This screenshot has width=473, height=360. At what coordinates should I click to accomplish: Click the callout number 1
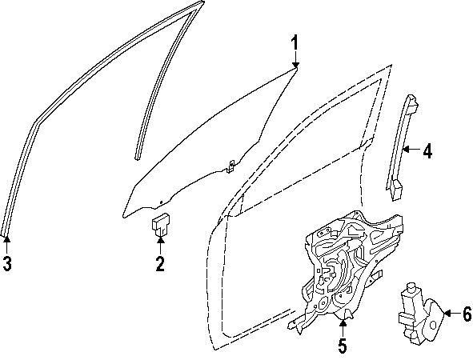[294, 42]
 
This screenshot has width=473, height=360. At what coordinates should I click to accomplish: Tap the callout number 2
[160, 263]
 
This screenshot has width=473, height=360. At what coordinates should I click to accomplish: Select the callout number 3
[7, 263]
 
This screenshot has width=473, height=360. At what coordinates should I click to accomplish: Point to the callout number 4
[427, 151]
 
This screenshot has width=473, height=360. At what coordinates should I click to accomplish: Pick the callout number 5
[343, 346]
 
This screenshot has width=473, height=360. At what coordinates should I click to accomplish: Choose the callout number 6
[467, 314]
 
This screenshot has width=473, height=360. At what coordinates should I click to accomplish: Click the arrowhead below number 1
[295, 65]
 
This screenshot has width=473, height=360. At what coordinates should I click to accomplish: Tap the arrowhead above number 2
[161, 240]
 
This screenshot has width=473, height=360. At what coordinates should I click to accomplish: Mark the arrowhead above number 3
[6, 240]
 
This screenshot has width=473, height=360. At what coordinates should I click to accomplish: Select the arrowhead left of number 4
[406, 149]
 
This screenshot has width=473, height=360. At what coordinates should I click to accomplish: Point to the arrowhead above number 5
[343, 323]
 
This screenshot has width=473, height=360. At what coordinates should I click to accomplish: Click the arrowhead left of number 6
[447, 314]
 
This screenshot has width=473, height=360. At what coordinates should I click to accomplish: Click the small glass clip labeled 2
[161, 225]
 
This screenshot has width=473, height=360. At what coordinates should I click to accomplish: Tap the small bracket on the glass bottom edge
[230, 166]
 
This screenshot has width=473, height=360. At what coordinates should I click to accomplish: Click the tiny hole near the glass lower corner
[161, 202]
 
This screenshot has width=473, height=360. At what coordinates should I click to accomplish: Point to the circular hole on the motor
[433, 325]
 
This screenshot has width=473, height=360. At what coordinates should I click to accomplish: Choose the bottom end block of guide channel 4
[396, 190]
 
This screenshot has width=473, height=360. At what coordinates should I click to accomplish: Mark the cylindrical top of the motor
[411, 287]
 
